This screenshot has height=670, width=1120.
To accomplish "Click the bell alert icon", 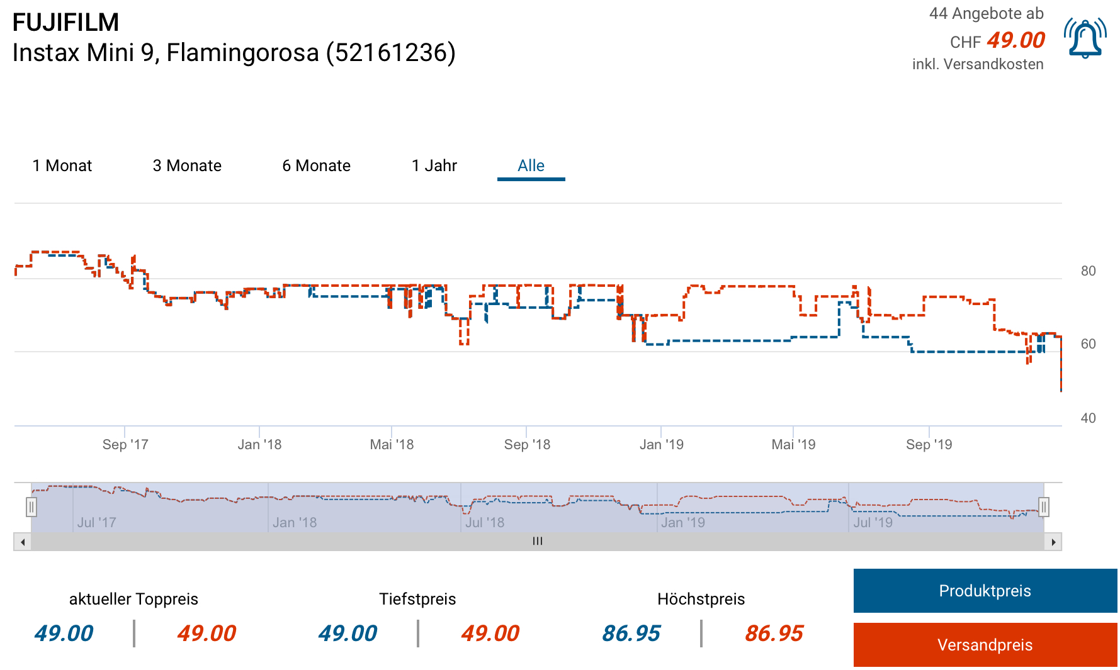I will coord(1085,38).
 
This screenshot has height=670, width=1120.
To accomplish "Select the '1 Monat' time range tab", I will coord(62,165).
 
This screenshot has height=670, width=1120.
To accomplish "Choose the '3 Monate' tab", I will coord(187,165).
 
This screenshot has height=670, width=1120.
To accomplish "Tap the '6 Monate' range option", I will coord(316,165).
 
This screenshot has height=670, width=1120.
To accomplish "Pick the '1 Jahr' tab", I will coord(434,165).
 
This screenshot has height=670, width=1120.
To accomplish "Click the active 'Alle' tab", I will coord(531,165).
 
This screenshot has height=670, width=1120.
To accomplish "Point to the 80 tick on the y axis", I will coord(1088,271).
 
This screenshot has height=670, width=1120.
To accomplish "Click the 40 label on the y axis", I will coord(1088,418).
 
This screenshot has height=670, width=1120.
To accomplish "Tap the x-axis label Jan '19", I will coord(661,445).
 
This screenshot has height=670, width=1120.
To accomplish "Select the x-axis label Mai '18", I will coord(392,445).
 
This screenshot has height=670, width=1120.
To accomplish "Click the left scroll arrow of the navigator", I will coord(23,542).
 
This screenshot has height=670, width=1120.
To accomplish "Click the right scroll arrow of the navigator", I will coord(1053,542).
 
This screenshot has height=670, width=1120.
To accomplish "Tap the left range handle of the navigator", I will coord(31,506).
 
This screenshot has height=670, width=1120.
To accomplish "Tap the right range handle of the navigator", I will coord(1043,506).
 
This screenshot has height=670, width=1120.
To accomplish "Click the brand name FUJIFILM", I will coord(65,23).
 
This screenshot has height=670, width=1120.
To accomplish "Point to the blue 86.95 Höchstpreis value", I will coord(631,634).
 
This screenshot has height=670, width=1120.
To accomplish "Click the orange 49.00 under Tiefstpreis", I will coord(490,634).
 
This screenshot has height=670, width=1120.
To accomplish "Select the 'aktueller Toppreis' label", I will coord(133,599).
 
